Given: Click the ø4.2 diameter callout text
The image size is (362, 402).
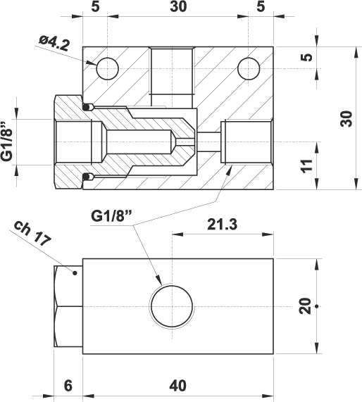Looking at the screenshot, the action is coord(54,44).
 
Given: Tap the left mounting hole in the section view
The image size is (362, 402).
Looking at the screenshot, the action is coord(108,69).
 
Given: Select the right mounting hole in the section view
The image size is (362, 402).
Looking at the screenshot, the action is coord(249,69).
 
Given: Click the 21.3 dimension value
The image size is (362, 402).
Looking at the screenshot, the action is coord(223,225).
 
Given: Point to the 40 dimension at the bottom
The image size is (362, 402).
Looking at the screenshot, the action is coord(177,386).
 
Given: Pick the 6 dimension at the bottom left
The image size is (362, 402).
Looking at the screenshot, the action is coord(68,386).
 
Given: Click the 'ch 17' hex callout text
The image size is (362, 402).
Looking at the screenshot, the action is coord(32,233).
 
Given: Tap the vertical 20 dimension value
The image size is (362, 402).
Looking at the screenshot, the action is coord(305,306).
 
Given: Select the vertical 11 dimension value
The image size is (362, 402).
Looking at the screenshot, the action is coord(307,166).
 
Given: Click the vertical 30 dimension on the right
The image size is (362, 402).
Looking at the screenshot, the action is coord(347,118).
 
